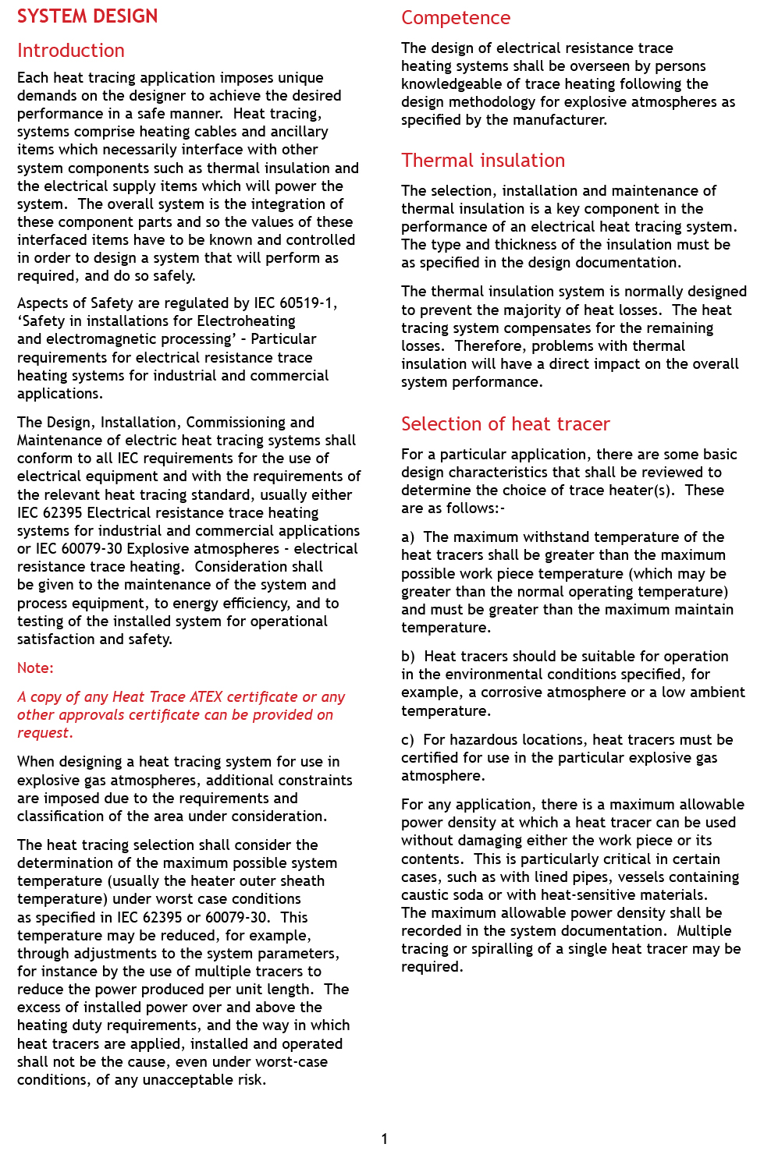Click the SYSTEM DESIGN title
(x=87, y=16)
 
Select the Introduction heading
(x=71, y=51)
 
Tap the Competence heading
(x=456, y=18)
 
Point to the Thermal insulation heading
(x=483, y=161)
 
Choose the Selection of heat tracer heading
(x=505, y=424)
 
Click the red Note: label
(x=35, y=668)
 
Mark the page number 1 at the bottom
(x=384, y=1139)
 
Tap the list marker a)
(x=408, y=537)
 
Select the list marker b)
(x=408, y=657)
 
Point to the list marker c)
(x=407, y=740)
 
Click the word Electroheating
(x=247, y=321)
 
